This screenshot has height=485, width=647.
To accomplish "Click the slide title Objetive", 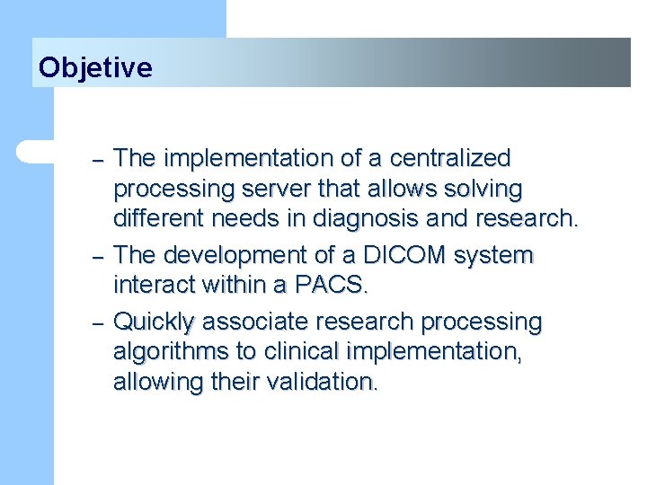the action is point(95,67).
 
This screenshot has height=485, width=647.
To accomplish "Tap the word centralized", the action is point(450,157).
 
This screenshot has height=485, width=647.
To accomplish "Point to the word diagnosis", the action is point(365,217).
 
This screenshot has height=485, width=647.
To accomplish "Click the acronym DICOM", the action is point(404,255).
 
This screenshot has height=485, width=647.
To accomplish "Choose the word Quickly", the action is point(154,322).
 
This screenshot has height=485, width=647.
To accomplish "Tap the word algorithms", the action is point(171,352).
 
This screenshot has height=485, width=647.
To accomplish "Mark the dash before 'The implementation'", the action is point(98,161).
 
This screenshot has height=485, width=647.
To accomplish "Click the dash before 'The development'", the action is point(98,258).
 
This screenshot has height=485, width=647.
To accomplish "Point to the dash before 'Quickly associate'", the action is point(98,324).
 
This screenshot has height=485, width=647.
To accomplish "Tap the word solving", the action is point(483,189).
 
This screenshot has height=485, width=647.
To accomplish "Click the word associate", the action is point(255,322).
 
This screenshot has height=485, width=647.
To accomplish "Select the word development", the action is point(235,256).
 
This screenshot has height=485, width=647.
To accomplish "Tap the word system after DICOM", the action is point(493,257).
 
